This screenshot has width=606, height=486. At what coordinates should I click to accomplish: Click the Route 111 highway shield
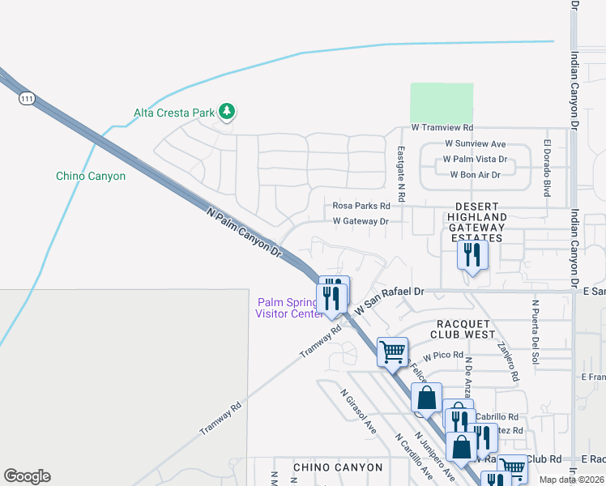27,98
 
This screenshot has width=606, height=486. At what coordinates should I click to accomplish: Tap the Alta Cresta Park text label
174,113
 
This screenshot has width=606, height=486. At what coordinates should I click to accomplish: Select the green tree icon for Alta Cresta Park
228,112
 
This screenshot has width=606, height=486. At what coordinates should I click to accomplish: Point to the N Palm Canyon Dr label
244,232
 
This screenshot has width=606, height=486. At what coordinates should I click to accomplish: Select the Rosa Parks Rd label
361,206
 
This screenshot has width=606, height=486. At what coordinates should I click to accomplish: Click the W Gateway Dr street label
361,220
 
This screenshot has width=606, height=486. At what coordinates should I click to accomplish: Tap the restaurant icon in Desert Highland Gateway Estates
471,256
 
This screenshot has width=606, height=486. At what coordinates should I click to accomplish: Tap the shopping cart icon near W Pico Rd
392,352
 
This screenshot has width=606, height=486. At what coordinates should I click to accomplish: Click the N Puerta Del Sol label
535,331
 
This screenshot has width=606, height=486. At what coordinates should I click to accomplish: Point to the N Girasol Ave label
358,411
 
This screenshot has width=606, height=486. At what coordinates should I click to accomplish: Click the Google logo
27,476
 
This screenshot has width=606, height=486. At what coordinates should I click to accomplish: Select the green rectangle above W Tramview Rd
442,102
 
